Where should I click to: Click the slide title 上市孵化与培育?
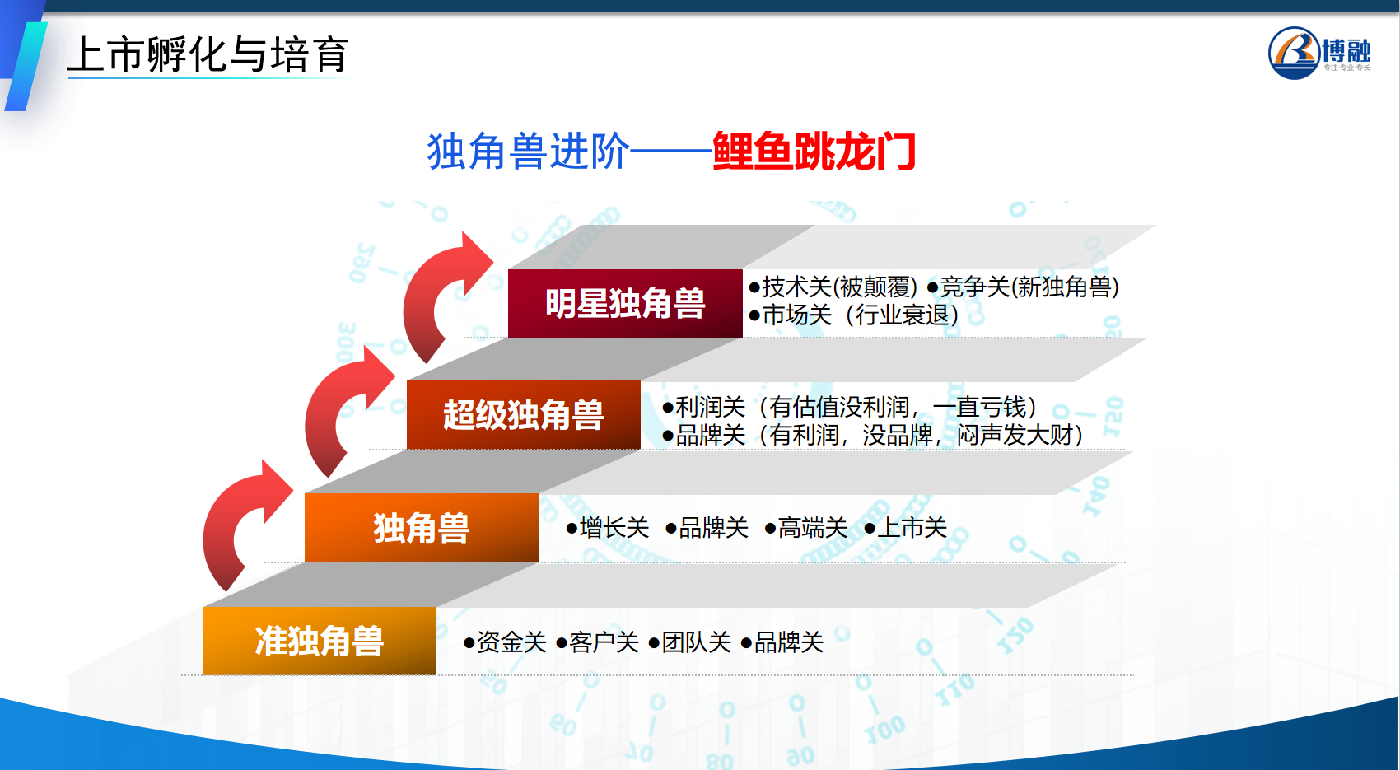coord(208,55)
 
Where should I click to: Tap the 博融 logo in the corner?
coord(1319,54)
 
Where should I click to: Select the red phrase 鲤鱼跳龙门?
coord(814,152)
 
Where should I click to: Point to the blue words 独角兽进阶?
coord(528,152)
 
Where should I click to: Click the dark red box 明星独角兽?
coord(625,303)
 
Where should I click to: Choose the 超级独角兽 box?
coord(524,414)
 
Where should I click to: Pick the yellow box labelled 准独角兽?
coord(320,641)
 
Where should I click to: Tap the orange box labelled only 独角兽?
coord(422,528)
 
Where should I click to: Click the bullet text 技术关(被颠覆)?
coord(833,287)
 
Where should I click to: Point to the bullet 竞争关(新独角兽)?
coord(1023,287)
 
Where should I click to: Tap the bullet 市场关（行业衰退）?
coord(854,315)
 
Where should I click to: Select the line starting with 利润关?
coord(850,407)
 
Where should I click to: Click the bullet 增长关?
coord(608,528)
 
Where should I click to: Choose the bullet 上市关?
coord(906,528)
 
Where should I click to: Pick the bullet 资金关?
coord(505,642)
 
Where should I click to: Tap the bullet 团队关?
coord(690,642)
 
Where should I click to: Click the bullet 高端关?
coord(806,528)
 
